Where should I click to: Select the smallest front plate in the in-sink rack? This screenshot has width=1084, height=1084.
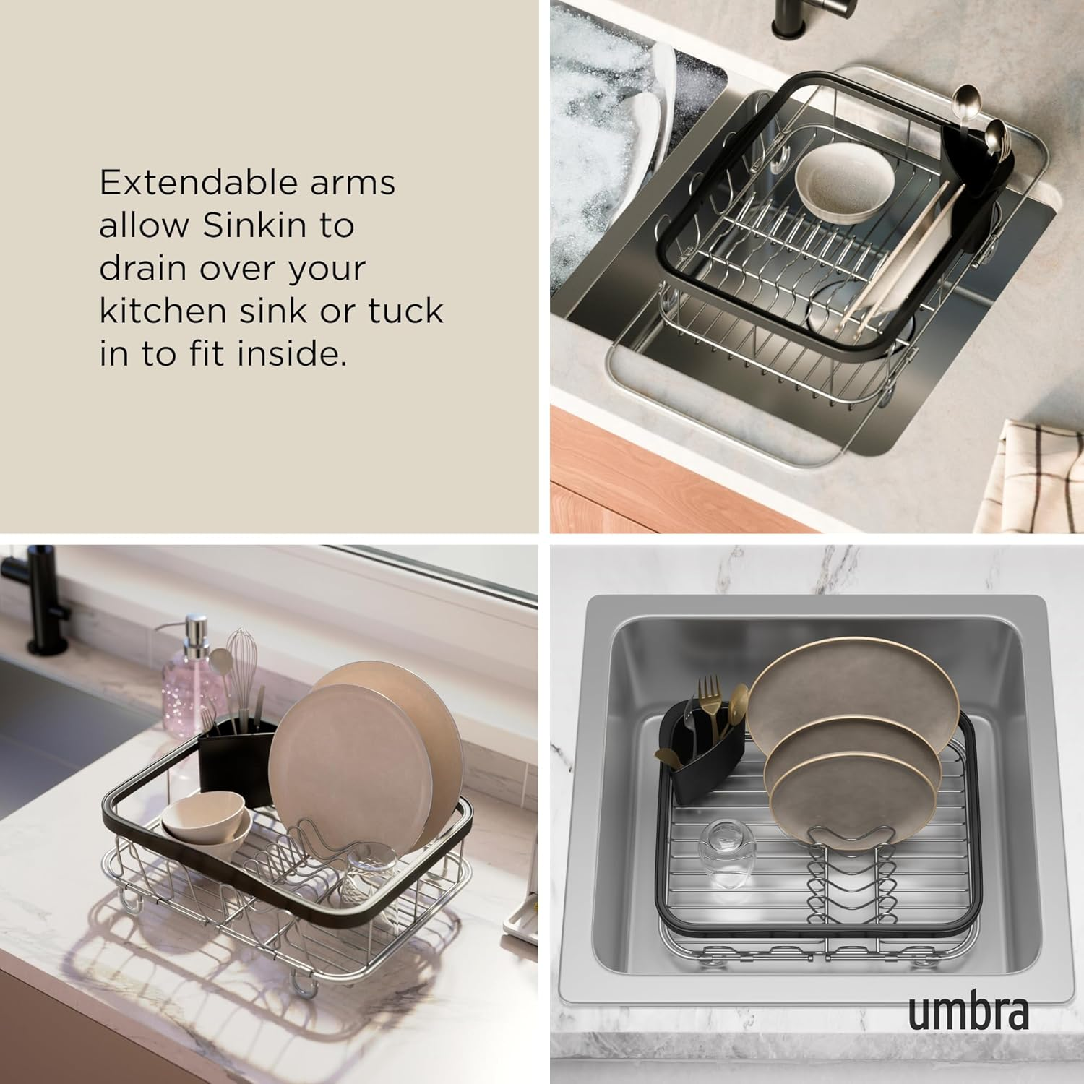pyautogui.click(x=846, y=795)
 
